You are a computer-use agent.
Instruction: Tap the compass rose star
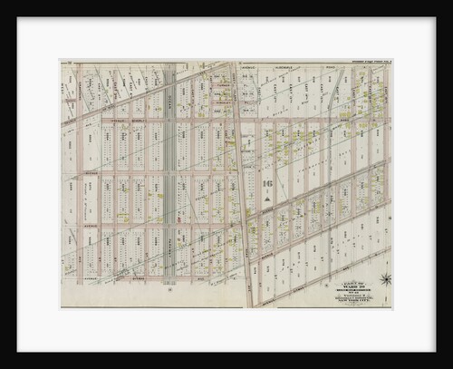[x=384, y=279]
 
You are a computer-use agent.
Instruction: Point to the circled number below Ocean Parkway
[x=169, y=291]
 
